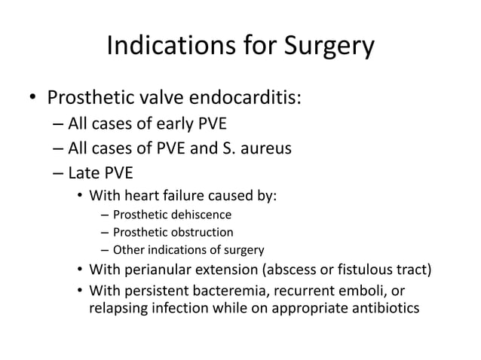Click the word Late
click(x=83, y=171)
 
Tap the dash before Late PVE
click(x=58, y=172)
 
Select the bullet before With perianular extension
click(x=79, y=270)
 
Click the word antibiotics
click(x=374, y=309)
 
